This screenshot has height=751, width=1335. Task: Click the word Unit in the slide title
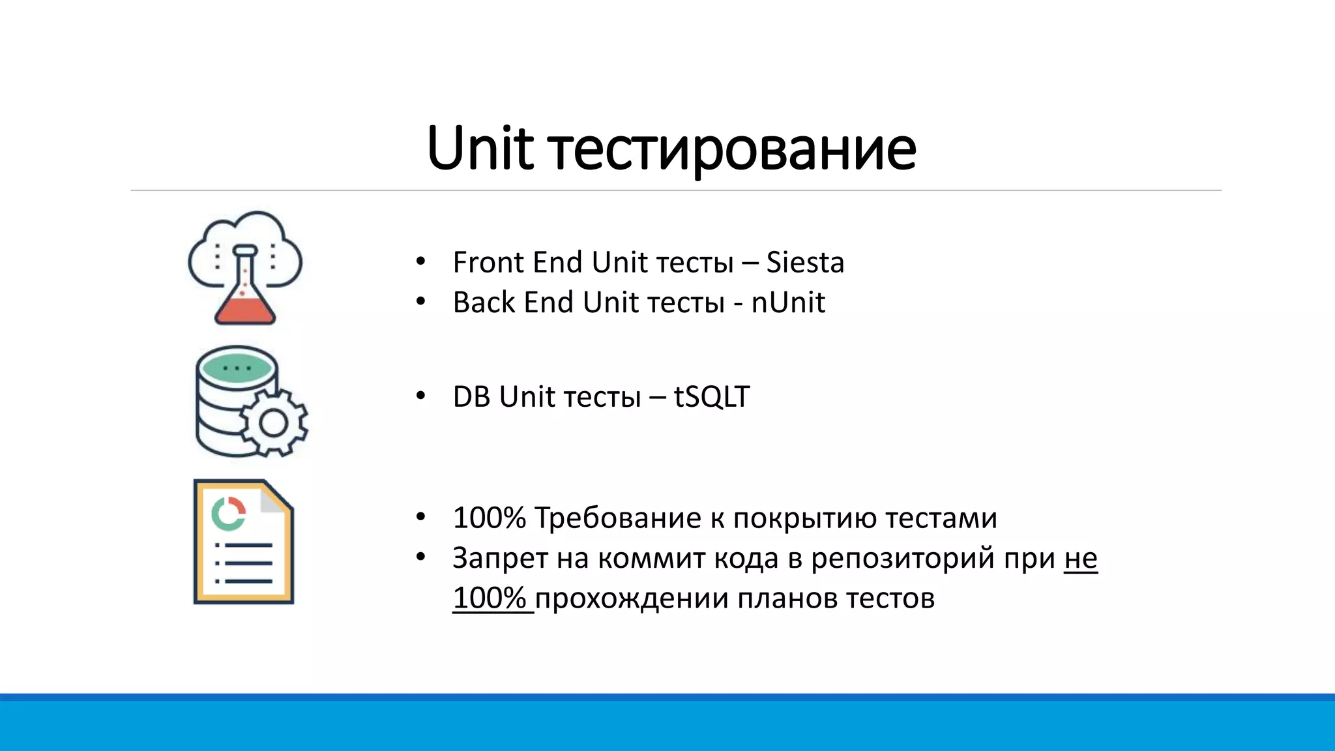(480, 149)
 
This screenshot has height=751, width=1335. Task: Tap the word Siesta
(804, 263)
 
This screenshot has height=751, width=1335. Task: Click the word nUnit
(787, 302)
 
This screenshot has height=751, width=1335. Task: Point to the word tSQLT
(711, 397)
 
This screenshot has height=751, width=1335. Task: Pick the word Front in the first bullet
(488, 263)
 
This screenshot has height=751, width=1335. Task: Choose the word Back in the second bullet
(484, 302)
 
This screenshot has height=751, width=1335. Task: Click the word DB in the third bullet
(471, 397)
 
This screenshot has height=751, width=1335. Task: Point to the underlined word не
(1080, 559)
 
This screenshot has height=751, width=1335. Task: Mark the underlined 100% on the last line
(490, 598)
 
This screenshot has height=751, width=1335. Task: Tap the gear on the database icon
(274, 424)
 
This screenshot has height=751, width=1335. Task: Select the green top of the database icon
(237, 368)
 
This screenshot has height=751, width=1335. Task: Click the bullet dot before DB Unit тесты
(420, 396)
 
